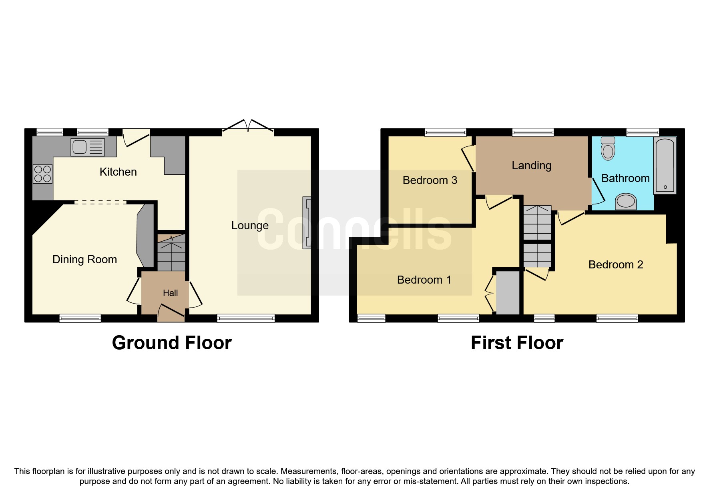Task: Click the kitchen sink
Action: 87,147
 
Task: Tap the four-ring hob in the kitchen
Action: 42,174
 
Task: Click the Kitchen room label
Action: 118,172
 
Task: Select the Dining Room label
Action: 84,260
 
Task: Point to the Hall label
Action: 170,293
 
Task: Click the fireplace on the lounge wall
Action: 307,223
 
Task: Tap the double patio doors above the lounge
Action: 248,126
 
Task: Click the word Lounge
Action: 250,226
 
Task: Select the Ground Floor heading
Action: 172,343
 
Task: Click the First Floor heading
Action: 517,343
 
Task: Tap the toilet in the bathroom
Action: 608,149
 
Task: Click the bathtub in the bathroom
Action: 665,165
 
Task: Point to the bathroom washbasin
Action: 626,202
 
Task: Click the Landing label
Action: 531,166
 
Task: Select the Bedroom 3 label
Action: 430,180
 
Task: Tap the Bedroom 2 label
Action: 615,265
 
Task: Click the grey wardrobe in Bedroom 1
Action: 508,293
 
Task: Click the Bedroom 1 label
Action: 424,280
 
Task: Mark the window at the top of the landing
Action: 533,132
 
